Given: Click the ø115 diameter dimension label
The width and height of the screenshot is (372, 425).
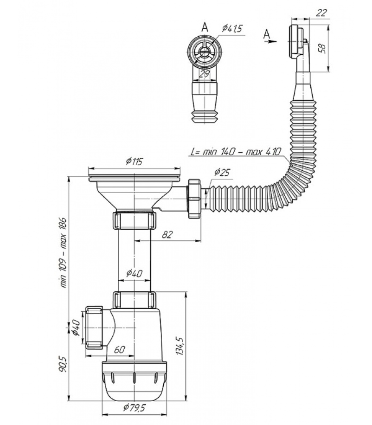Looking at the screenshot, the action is [x=134, y=161].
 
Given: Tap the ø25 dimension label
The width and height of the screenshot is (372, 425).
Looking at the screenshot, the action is [x=221, y=173].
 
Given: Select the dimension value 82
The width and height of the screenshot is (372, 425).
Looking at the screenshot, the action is [x=167, y=235].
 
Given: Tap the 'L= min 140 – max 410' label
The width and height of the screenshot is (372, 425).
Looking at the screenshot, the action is [x=235, y=152].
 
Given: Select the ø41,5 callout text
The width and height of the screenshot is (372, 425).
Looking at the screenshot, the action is [x=232, y=28].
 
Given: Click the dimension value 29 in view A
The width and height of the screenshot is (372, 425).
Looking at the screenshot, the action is [x=204, y=74].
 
